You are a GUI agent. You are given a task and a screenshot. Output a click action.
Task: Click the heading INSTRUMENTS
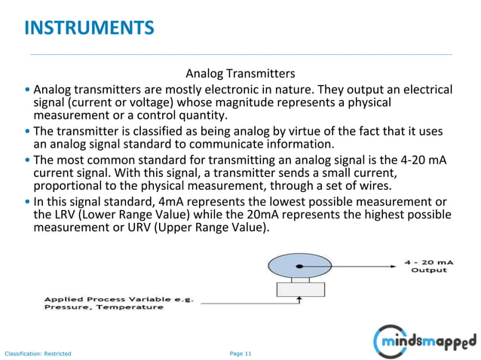pyautogui.click(x=89, y=29)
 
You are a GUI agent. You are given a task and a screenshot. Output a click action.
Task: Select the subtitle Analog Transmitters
pyautogui.click(x=240, y=74)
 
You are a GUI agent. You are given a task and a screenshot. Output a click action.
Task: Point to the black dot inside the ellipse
pyautogui.click(x=299, y=266)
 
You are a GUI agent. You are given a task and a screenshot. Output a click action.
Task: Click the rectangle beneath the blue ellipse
pyautogui.click(x=299, y=288)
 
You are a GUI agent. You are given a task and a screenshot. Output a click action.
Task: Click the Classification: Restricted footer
pyautogui.click(x=38, y=353)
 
